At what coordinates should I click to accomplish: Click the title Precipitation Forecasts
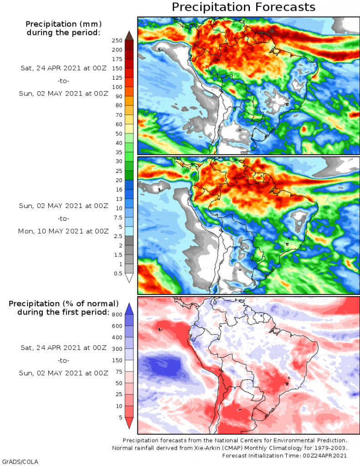click(x=243, y=7)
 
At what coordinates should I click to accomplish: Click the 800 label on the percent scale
click(x=117, y=314)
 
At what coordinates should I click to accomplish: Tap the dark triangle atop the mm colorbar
click(x=129, y=35)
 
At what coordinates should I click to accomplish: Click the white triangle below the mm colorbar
click(x=129, y=278)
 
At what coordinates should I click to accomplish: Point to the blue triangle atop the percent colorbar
click(x=129, y=309)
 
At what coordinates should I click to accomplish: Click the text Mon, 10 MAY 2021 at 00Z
click(x=63, y=231)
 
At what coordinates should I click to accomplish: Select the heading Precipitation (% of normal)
click(x=64, y=304)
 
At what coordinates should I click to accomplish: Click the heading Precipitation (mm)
click(x=63, y=24)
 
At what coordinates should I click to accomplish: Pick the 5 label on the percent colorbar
click(x=119, y=417)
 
